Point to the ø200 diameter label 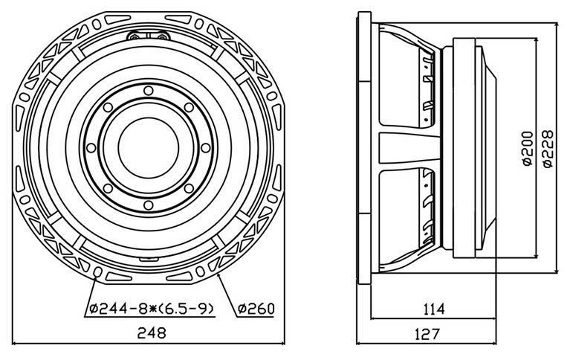coord(527,150)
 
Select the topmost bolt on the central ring coord(149,90)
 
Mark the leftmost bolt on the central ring coord(92,147)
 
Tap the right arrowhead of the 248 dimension coord(282,344)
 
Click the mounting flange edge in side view coord(364,149)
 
